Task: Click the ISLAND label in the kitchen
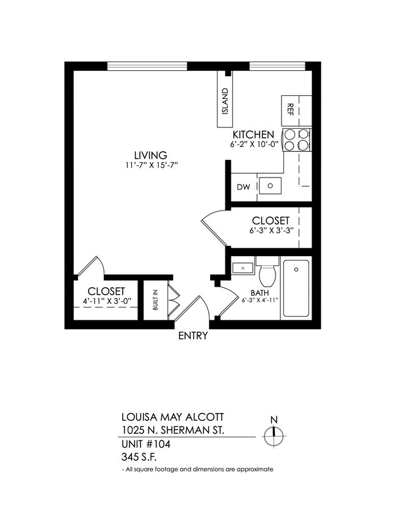pos(225,101)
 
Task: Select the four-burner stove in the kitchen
pos(297,140)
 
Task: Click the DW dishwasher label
pos(242,187)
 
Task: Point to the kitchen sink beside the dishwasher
pos(270,185)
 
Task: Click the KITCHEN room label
pos(253,135)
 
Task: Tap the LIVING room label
pos(151,155)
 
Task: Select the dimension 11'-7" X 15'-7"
pos(151,165)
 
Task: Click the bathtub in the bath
pos(297,288)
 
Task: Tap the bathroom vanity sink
pos(242,267)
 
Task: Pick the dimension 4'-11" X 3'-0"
pos(107,301)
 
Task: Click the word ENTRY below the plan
pos(193,335)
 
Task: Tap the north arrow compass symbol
pos(274,434)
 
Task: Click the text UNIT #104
pos(145,444)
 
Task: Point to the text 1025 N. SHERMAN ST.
pos(173,431)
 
